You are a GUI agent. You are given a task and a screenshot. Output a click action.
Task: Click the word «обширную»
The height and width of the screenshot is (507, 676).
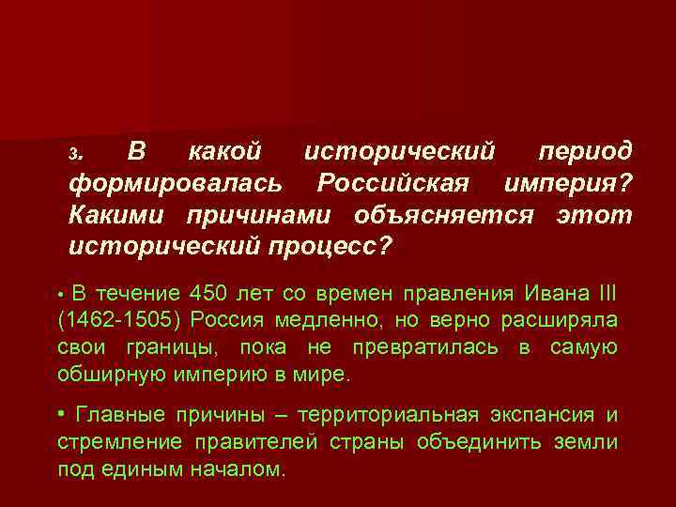111,376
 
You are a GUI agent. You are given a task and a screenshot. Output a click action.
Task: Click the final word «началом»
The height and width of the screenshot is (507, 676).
239,470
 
